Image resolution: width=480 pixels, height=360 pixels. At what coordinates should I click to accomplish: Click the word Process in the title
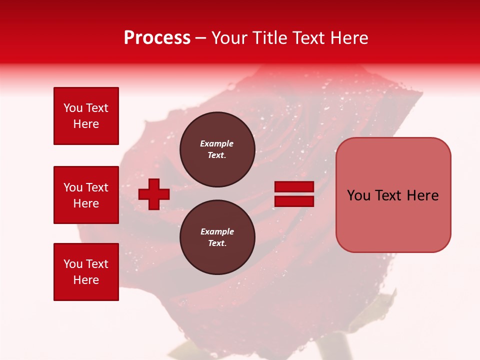tap(157, 38)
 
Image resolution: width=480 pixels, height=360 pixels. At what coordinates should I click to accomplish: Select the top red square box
tap(86, 116)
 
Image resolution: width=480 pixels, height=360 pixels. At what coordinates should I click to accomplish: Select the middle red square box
tap(86, 195)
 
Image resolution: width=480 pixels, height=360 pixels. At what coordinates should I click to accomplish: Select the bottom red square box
tap(86, 272)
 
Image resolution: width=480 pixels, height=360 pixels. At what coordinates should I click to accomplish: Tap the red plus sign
tap(154, 194)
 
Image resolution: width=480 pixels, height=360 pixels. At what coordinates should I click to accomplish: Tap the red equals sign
tap(294, 194)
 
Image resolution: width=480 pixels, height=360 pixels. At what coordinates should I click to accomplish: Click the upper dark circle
tap(217, 149)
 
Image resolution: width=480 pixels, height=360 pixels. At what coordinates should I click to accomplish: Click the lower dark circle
tap(217, 237)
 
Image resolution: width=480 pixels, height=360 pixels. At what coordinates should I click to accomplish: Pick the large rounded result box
tap(393, 195)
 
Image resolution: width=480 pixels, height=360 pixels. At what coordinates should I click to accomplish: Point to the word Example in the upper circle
tap(216, 143)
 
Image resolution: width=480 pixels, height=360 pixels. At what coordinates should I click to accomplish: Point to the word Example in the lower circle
tap(217, 231)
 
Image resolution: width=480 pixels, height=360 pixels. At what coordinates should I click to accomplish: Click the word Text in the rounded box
tap(392, 195)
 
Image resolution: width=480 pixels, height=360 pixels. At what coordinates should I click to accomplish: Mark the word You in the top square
tap(73, 108)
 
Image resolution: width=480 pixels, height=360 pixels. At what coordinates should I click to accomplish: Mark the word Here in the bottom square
tap(86, 280)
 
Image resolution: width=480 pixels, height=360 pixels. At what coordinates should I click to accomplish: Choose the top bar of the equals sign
tap(294, 187)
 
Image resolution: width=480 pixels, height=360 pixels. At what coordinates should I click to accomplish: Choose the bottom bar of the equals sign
tap(294, 201)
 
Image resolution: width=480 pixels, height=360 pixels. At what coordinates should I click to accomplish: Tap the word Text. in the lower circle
tap(217, 243)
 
